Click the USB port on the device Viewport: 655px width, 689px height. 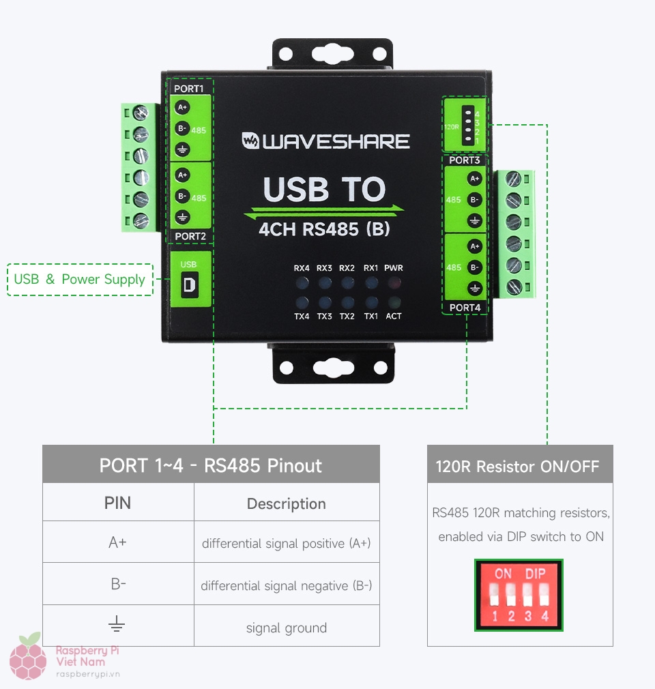189,284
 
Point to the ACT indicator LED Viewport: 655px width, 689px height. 394,302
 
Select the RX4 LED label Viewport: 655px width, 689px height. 302,268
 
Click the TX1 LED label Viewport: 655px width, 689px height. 370,317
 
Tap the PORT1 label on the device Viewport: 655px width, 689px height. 189,89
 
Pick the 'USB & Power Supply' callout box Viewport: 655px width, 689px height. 80,279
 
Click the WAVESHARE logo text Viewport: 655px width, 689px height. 326,141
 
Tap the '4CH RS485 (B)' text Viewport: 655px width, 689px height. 325,229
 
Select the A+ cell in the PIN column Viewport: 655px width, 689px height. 118,542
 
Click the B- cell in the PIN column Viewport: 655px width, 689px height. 118,584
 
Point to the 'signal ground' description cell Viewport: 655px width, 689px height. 287,628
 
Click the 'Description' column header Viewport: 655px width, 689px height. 287,503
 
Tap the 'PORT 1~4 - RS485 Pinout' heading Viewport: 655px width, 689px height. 211,465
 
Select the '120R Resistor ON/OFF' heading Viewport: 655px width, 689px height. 518,467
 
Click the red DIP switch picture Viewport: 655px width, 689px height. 519,595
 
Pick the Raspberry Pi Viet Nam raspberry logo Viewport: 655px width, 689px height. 28,657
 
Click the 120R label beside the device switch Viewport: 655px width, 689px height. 452,127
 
